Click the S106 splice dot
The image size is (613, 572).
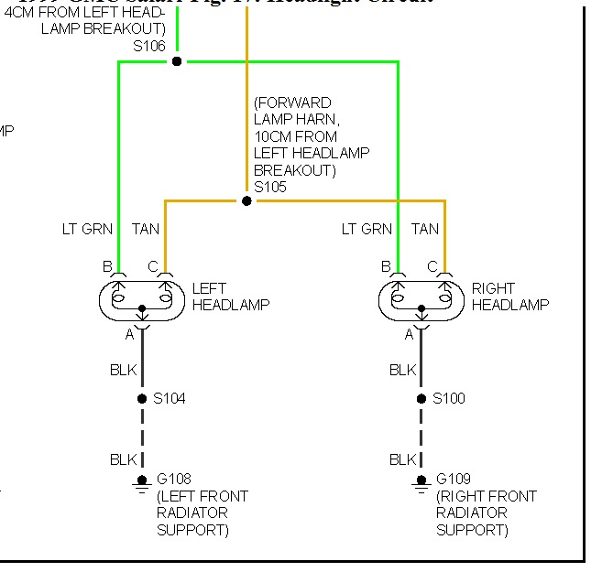177,61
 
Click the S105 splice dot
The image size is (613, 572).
246,200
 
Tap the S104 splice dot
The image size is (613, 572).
141,399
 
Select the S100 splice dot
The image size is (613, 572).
421,399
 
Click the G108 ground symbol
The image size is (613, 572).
141,482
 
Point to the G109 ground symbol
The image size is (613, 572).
421,482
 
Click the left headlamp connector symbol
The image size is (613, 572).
141,298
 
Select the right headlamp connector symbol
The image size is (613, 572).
421,298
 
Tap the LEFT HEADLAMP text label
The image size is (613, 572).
231,297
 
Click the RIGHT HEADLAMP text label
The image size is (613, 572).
510,297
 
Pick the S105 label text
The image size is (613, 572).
270,187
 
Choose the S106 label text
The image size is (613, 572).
150,45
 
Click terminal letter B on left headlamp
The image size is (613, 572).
107,266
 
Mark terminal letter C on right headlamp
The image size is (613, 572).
432,266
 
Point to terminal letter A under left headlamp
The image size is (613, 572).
129,335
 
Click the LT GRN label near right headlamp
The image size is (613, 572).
367,229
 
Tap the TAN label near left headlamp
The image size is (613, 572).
145,229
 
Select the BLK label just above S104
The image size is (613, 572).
122,371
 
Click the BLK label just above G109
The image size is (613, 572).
402,459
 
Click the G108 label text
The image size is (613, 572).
174,479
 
